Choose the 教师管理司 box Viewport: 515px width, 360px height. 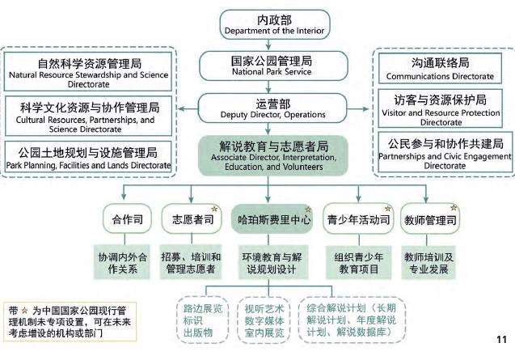pyautogui.click(x=424, y=218)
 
